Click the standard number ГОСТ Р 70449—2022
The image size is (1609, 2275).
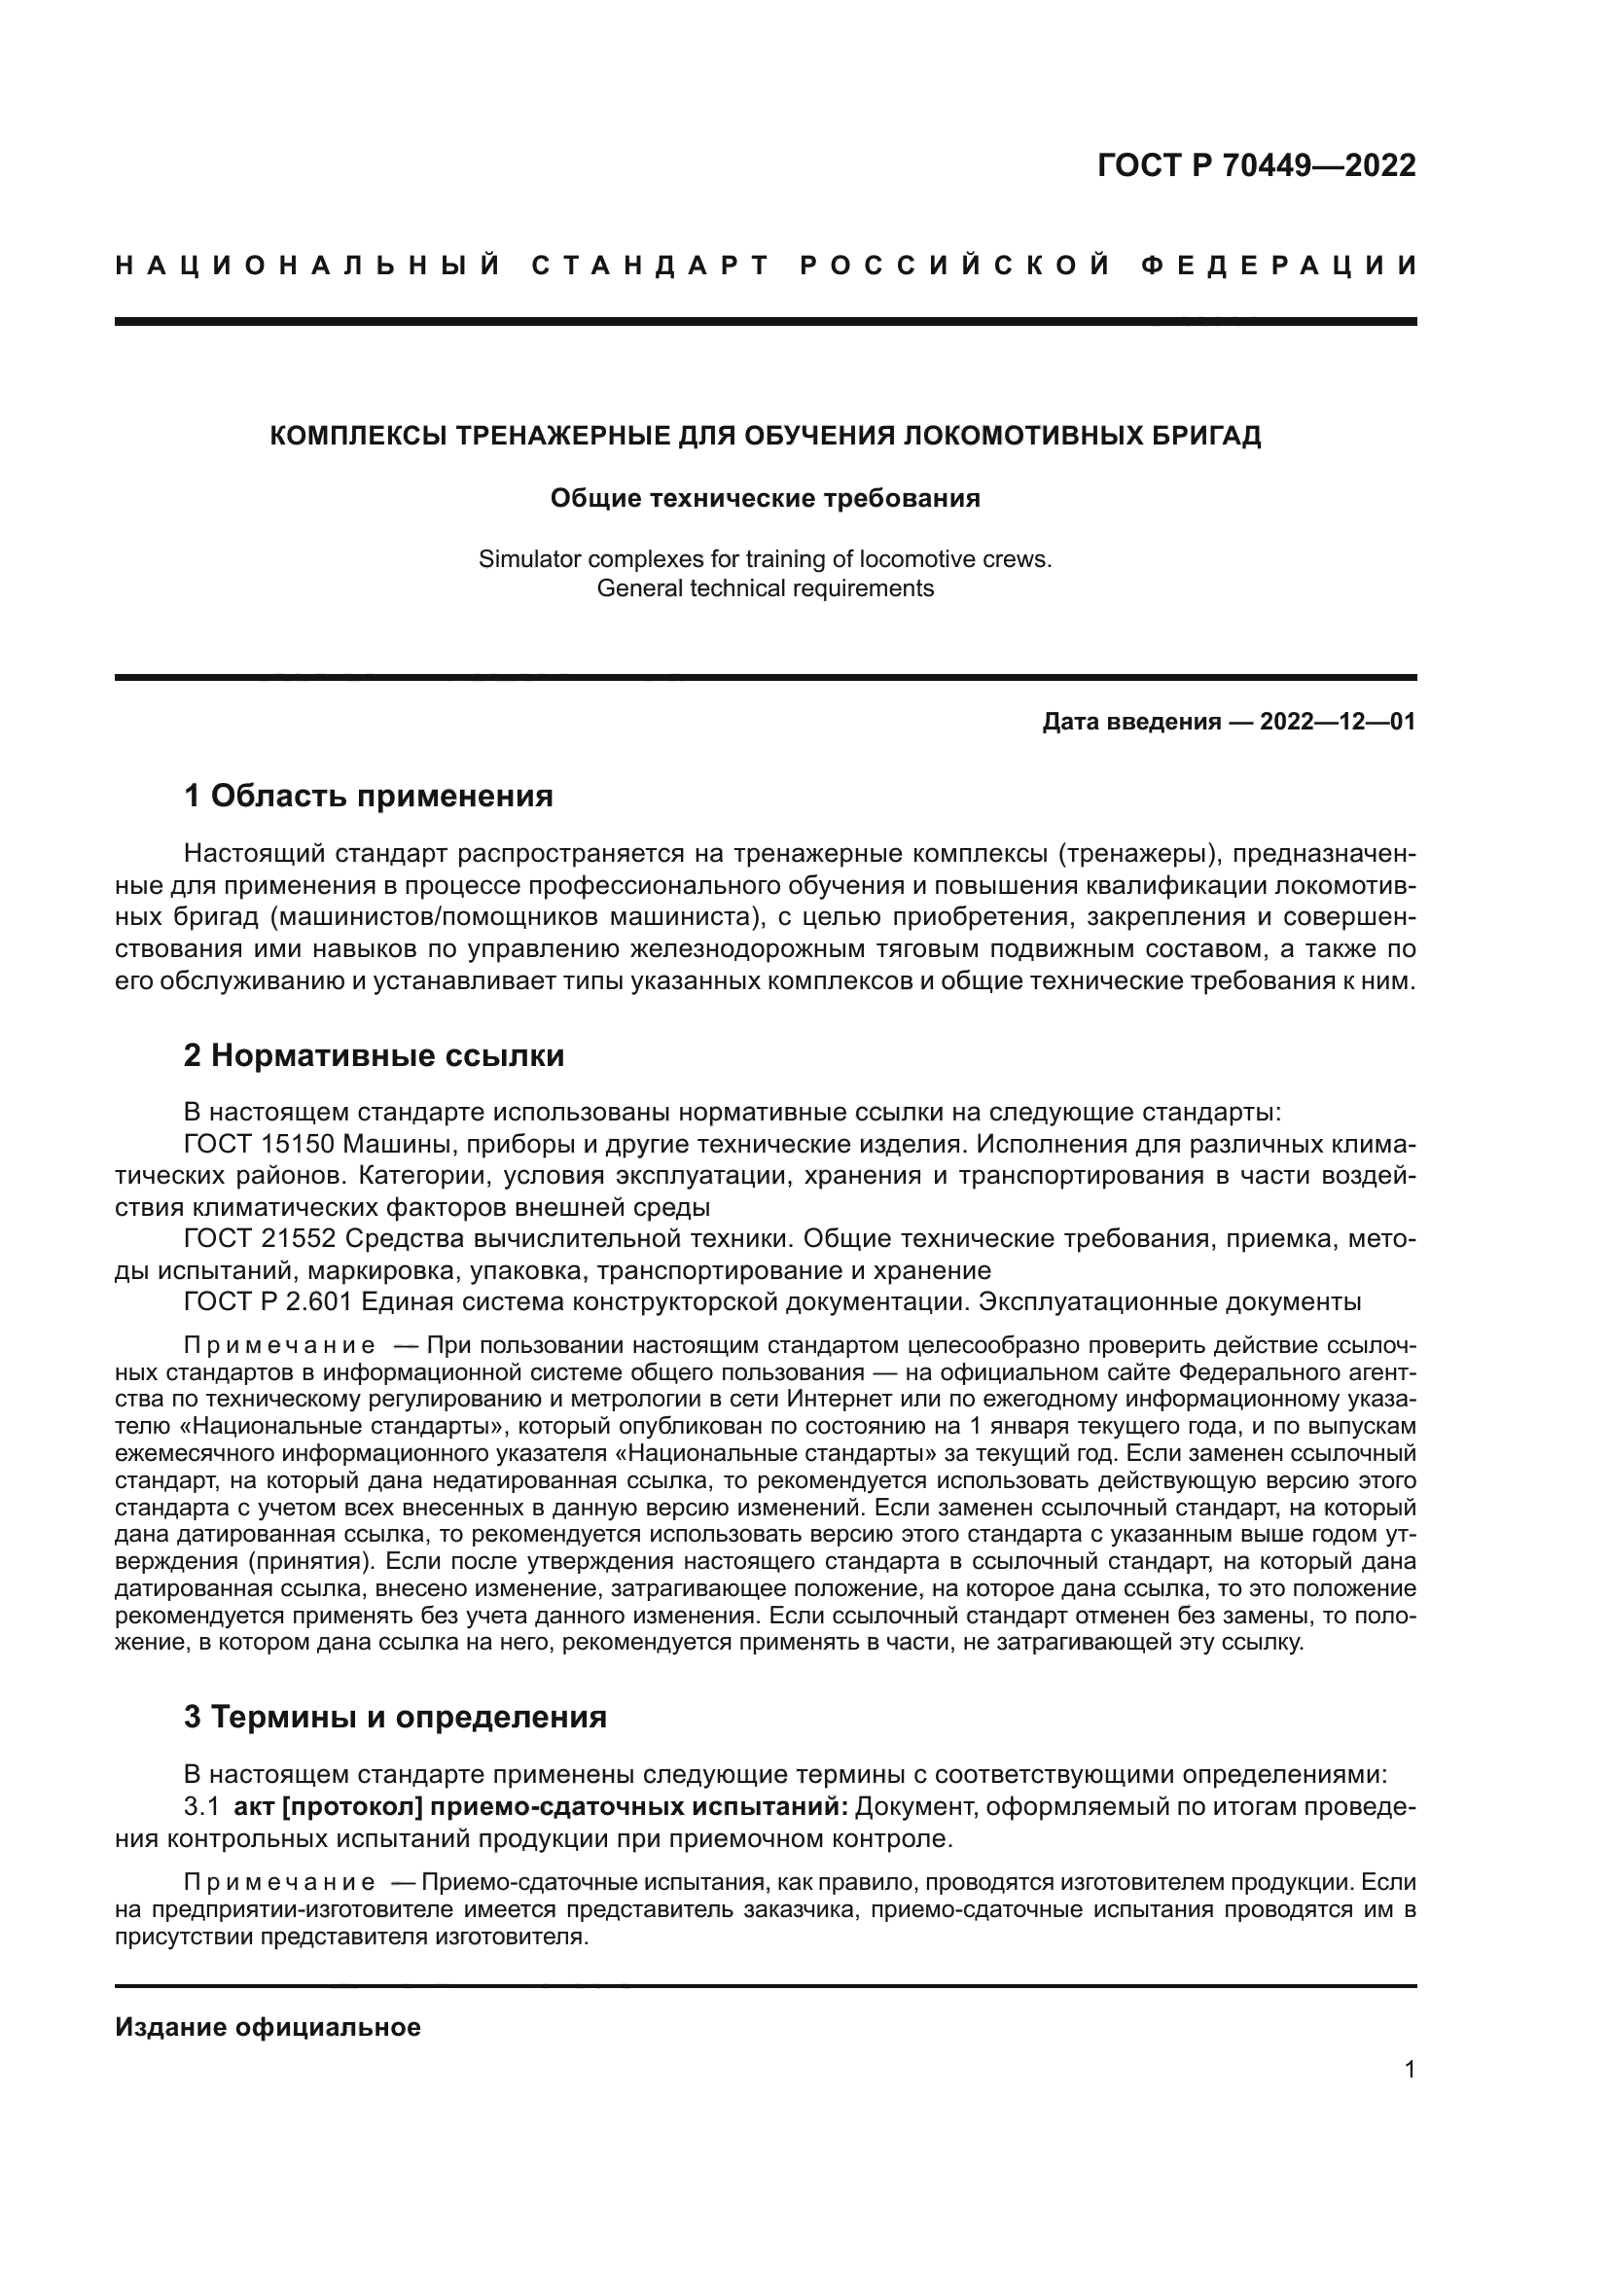pyautogui.click(x=1255, y=166)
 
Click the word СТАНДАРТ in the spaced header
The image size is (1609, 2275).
pyautogui.click(x=650, y=266)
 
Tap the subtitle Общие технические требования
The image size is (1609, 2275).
pyautogui.click(x=765, y=498)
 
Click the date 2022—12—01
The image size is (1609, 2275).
pyautogui.click(x=1337, y=723)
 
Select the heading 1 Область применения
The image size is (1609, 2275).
pyautogui.click(x=368, y=796)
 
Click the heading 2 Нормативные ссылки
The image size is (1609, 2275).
pyautogui.click(x=374, y=1056)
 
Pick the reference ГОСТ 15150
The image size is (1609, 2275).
pyautogui.click(x=260, y=1145)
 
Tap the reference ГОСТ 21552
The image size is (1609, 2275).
pyautogui.click(x=260, y=1239)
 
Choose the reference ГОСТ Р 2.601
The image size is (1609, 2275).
pyautogui.click(x=268, y=1302)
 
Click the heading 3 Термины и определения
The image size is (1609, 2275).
pyautogui.click(x=394, y=1717)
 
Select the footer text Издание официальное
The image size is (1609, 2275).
pyautogui.click(x=268, y=2027)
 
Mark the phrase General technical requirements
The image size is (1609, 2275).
pyautogui.click(x=765, y=588)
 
